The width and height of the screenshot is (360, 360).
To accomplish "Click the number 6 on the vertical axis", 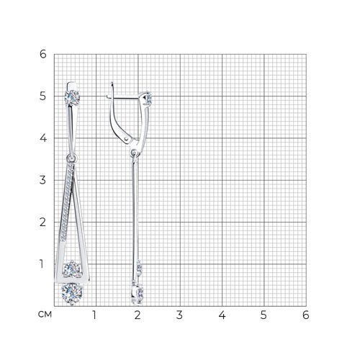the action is (43, 54).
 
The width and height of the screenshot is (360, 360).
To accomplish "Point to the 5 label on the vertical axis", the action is (43, 96).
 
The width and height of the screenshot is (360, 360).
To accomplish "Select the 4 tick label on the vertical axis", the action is (43, 138).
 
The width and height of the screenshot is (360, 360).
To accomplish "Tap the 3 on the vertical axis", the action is (42, 180).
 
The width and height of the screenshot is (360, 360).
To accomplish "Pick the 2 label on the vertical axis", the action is (42, 222).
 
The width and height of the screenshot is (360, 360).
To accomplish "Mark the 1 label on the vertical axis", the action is (42, 264).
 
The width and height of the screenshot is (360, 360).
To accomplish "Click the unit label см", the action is (45, 315).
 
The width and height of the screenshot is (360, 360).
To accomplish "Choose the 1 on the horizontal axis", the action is (94, 315).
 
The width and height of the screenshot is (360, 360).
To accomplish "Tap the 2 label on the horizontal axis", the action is (138, 315).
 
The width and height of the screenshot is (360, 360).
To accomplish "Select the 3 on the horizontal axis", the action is (179, 315).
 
